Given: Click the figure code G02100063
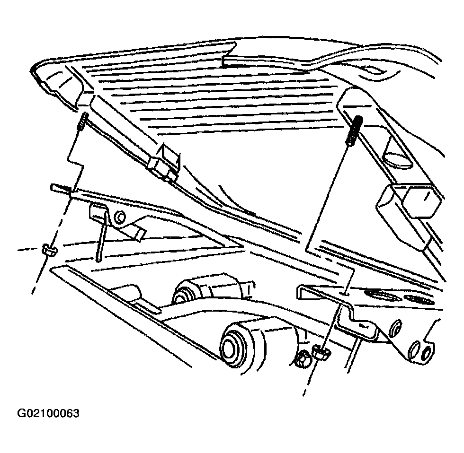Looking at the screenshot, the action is click(48, 413).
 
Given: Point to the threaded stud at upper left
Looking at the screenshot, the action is click(82, 121).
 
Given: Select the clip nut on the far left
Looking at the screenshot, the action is click(50, 250).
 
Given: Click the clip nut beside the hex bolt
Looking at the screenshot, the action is click(321, 353).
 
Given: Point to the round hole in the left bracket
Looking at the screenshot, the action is click(120, 217).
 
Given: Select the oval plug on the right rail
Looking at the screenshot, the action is click(397, 160).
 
